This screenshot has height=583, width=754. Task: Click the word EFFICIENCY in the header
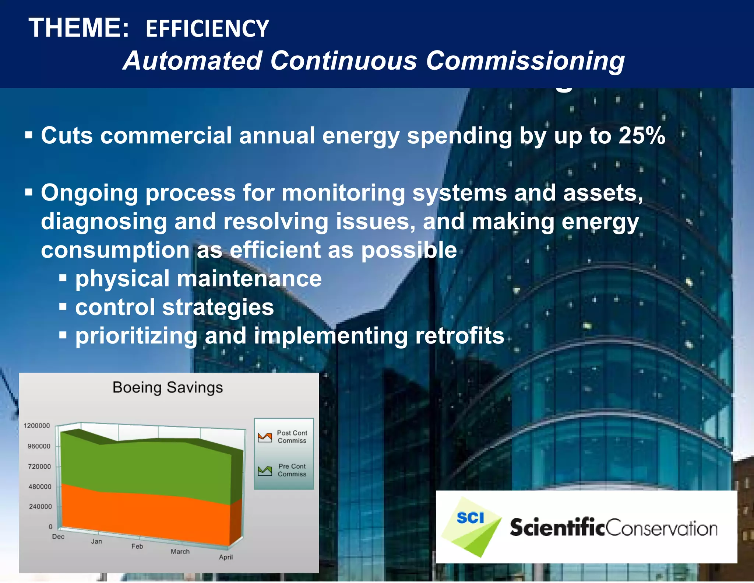207,29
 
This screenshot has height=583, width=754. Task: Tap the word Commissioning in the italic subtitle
525,61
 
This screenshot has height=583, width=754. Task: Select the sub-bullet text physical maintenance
198,279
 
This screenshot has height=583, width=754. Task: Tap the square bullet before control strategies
63,307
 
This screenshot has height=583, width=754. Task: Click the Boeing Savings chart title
168,387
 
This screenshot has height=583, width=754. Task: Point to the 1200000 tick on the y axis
37,426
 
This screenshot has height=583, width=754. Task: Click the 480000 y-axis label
40,487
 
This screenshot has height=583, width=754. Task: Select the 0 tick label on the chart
50,527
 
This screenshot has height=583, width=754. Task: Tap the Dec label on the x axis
58,537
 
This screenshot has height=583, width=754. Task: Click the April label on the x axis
226,557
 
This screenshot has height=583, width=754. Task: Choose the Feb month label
137,546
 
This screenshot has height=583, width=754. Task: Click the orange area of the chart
147,516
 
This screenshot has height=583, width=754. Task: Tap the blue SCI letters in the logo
470,518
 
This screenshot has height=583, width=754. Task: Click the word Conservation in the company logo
661,528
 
